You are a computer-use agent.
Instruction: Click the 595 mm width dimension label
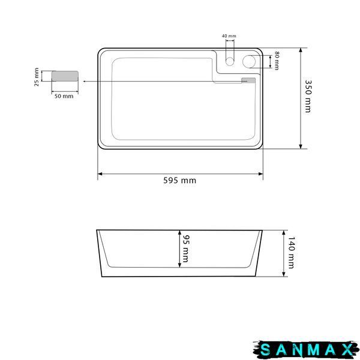point(180,181)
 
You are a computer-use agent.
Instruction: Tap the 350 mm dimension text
point(308,96)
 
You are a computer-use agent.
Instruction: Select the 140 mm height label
point(291,253)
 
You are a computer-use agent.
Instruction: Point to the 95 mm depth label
point(185,248)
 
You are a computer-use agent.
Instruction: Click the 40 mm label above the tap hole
point(229,36)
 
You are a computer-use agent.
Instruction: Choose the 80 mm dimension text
point(277,61)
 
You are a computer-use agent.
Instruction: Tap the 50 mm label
point(64,96)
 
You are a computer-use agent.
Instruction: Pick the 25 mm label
point(37,77)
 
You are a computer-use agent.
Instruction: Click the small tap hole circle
point(230,61)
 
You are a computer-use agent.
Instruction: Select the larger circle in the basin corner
point(249,61)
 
